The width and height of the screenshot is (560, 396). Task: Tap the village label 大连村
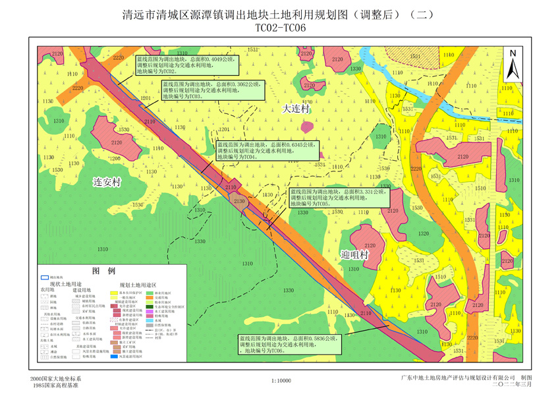click(x=296, y=109)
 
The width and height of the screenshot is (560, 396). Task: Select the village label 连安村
click(x=107, y=181)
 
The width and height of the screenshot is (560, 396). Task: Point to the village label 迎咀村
click(x=354, y=254)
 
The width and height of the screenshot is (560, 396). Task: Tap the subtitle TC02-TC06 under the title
click(x=281, y=28)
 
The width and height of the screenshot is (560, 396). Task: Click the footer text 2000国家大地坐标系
click(x=56, y=380)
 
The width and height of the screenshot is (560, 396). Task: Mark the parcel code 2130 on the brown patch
click(x=240, y=201)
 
